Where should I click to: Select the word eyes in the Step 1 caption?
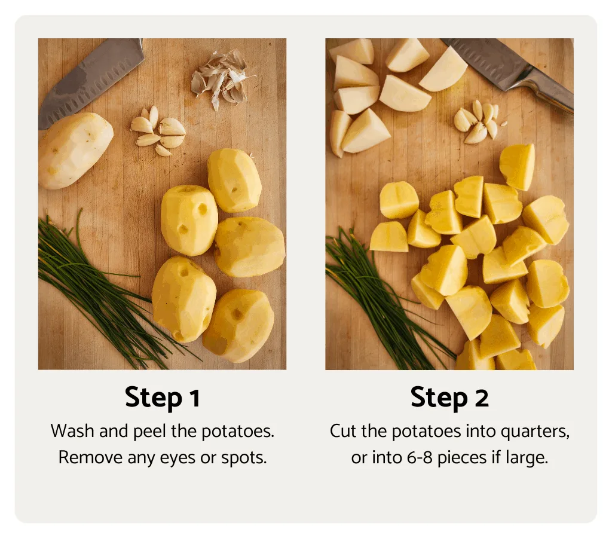[x=188, y=458]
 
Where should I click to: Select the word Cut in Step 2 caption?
[x=342, y=432]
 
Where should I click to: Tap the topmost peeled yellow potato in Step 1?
[x=234, y=180]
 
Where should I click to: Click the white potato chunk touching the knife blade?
[x=443, y=69]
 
